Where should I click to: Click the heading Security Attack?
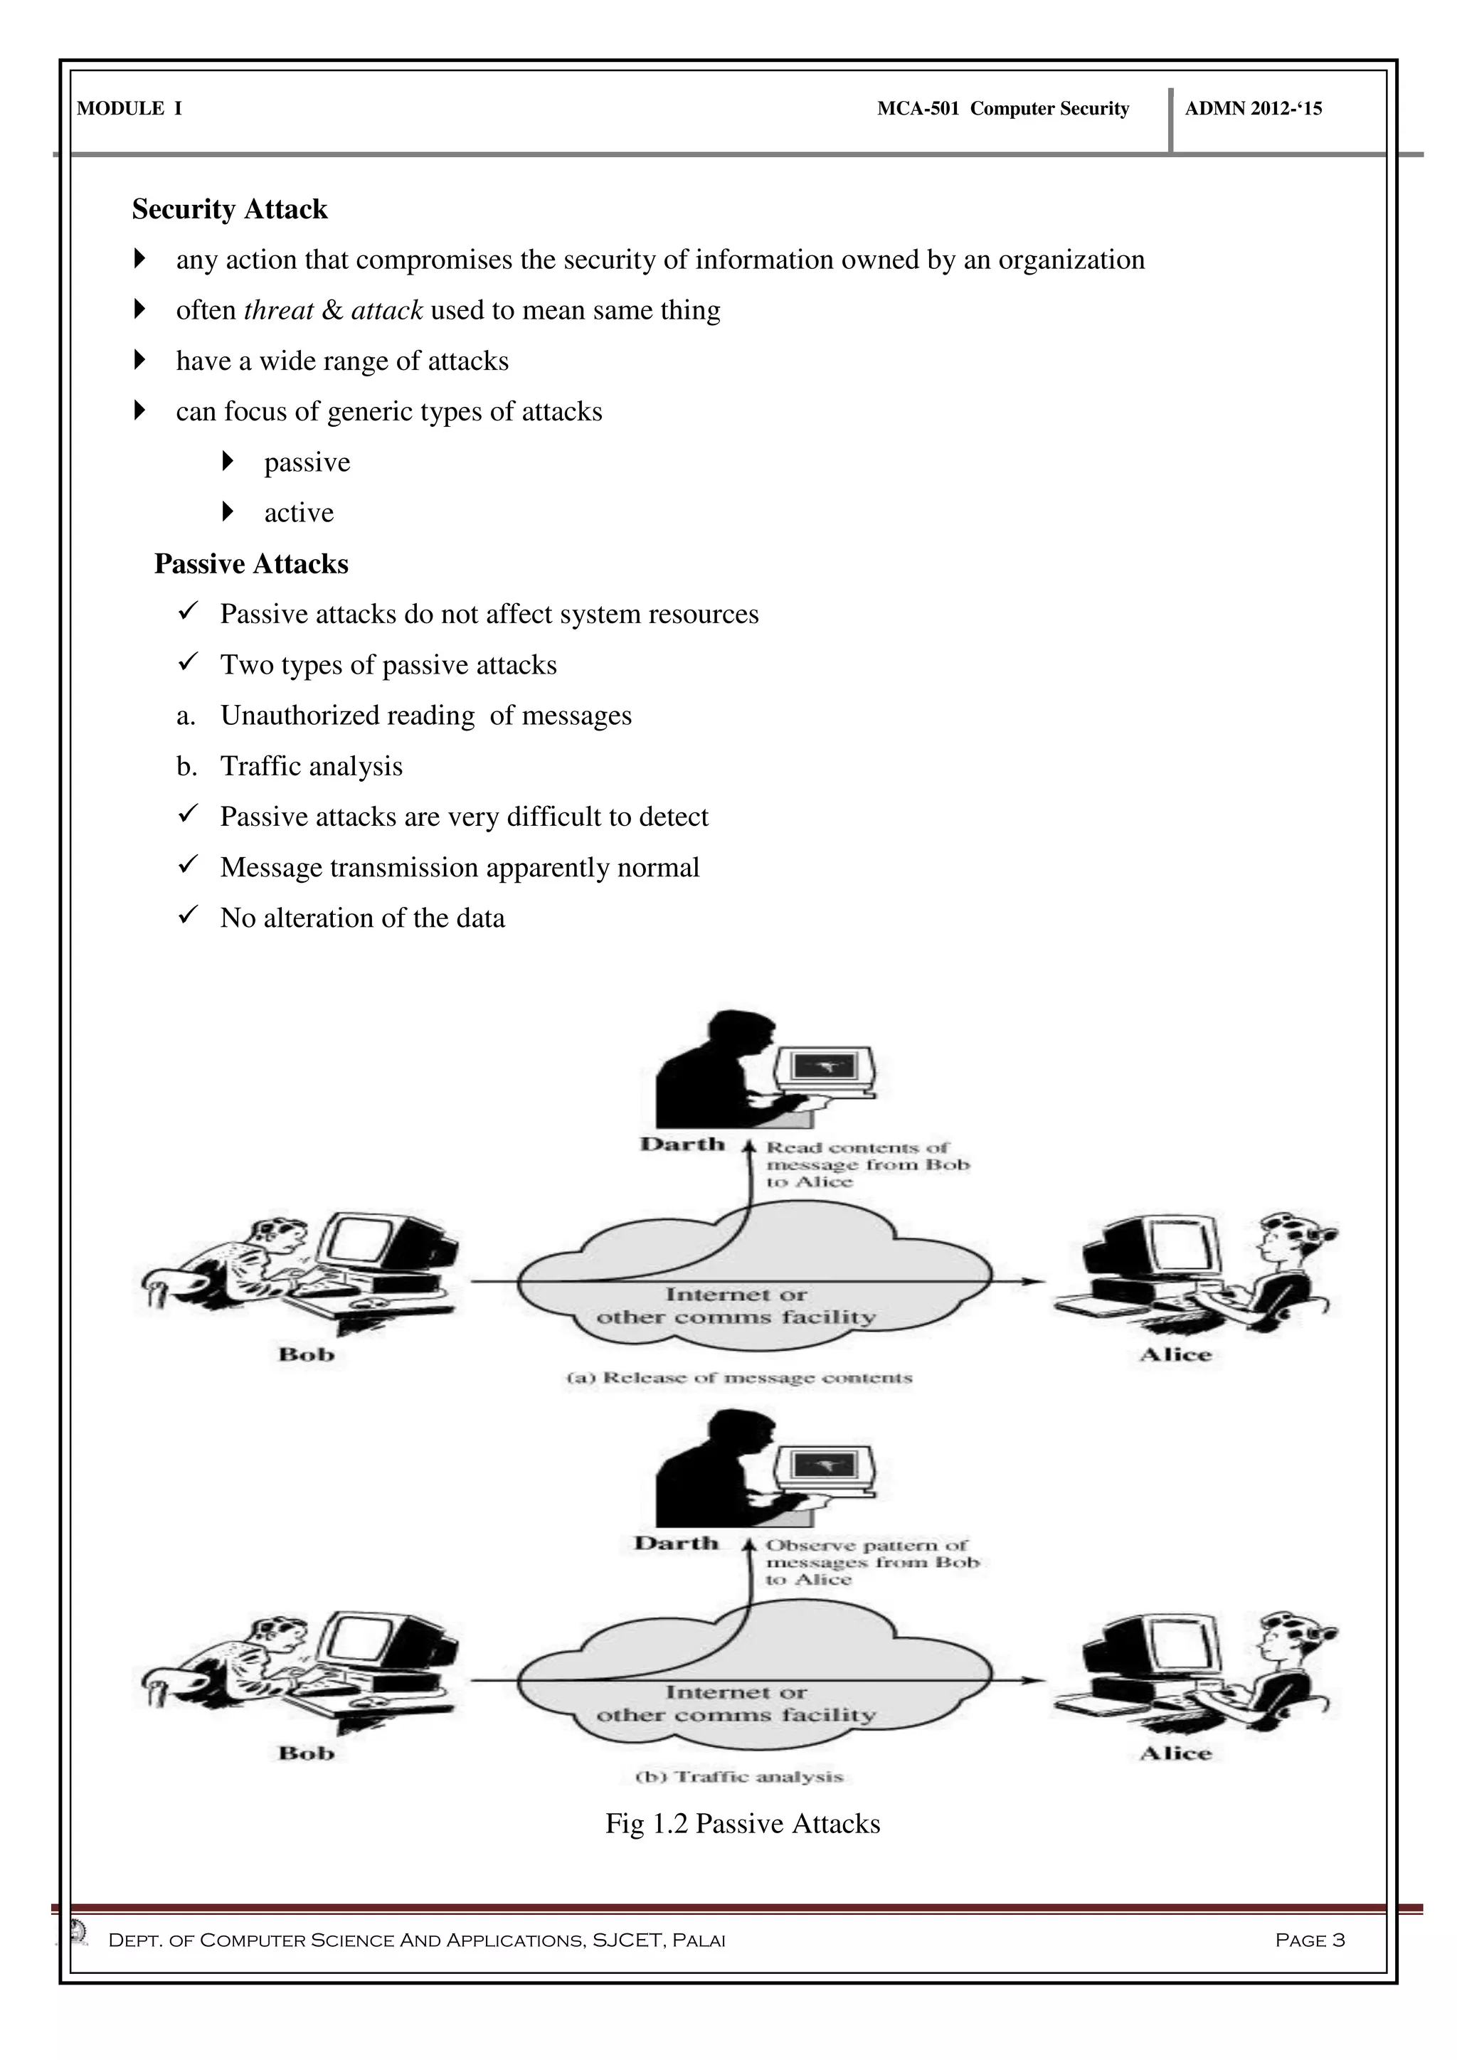pos(230,209)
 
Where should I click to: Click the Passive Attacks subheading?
pos(251,563)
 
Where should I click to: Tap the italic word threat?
pos(278,310)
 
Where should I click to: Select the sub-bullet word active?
pos(299,512)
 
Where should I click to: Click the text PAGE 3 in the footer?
pos(1309,1940)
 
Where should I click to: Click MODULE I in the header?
pos(129,109)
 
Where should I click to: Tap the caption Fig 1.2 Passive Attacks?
pos(743,1824)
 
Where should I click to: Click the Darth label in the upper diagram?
pos(682,1144)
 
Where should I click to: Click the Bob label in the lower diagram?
pos(306,1753)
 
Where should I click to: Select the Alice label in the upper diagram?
pos(1175,1355)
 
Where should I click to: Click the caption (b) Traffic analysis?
pos(739,1776)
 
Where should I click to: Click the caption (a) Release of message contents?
pos(739,1378)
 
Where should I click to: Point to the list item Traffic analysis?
pos(312,766)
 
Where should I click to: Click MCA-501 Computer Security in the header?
pos(1003,109)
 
